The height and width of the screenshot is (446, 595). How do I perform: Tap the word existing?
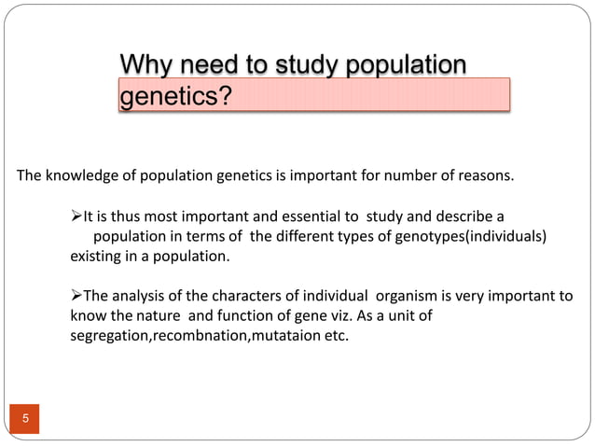point(96,255)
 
